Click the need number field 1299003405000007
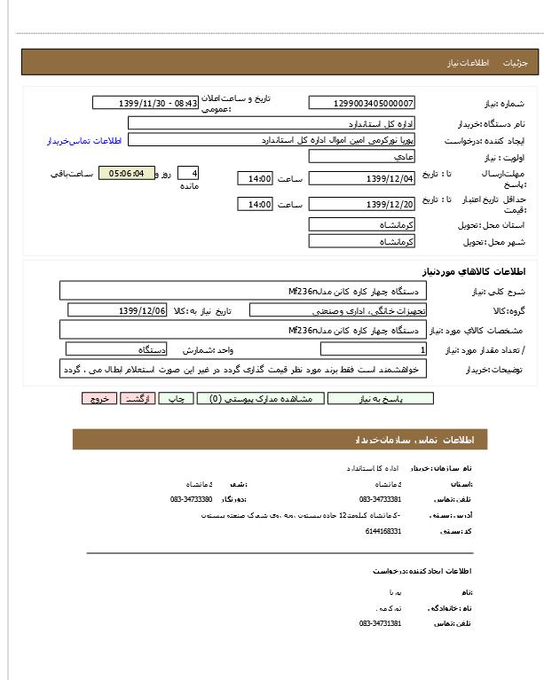coord(361,103)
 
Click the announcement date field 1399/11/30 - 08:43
coord(146,103)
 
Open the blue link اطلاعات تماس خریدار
coord(83,141)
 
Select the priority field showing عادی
coord(361,156)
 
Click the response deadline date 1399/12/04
coord(361,179)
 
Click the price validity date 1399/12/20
coord(361,205)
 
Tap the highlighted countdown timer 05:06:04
coord(126,173)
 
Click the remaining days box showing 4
coord(188,173)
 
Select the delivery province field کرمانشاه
coord(361,224)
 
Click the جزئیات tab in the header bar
coord(515,63)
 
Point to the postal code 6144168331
coord(383,531)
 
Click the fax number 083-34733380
coord(192,499)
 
